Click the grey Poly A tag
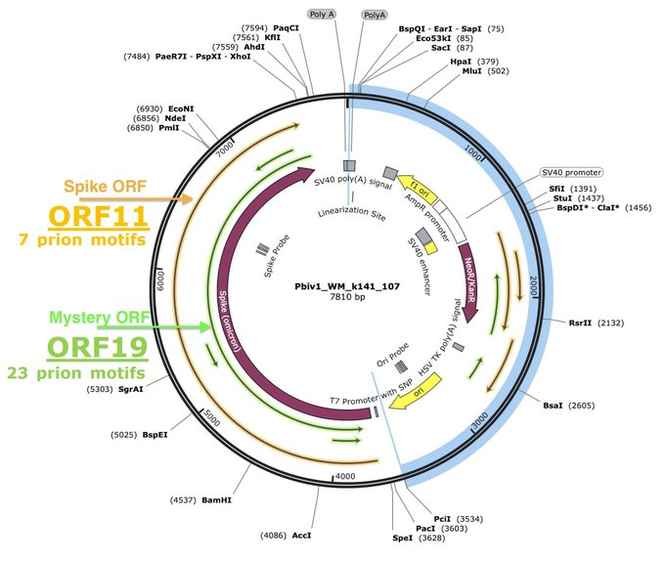point(321,15)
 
